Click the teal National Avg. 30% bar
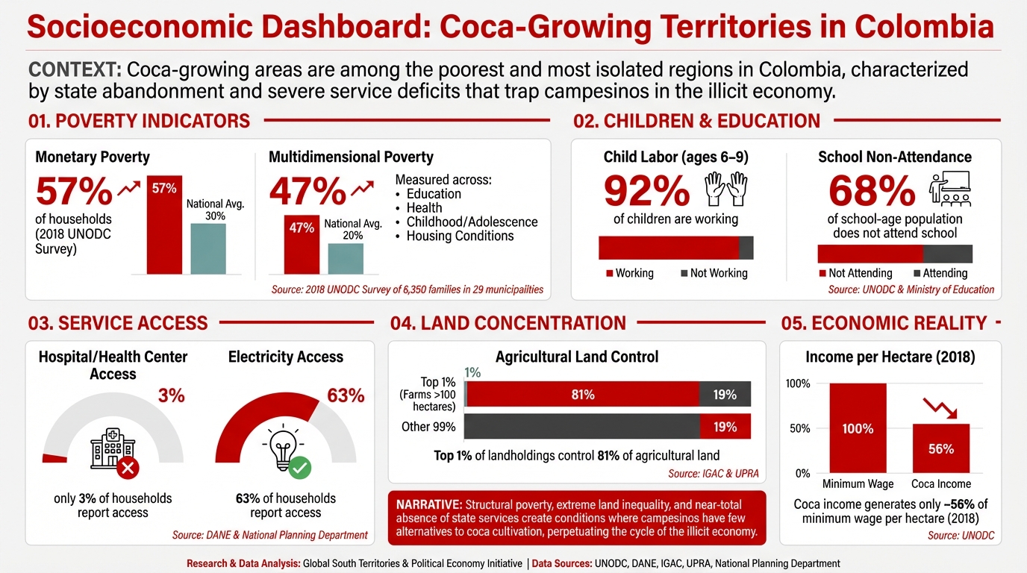[208, 248]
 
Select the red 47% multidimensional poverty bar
[302, 244]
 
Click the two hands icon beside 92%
[726, 190]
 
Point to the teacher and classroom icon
[949, 190]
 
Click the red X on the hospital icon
[128, 468]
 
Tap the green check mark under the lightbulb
[300, 468]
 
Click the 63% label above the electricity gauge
[346, 395]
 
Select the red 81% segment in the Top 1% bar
[583, 395]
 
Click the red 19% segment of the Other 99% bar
[725, 427]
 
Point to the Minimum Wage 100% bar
[858, 428]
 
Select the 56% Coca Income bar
[941, 448]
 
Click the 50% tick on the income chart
[798, 428]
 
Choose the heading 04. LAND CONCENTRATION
[508, 323]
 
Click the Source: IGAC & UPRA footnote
[712, 474]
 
